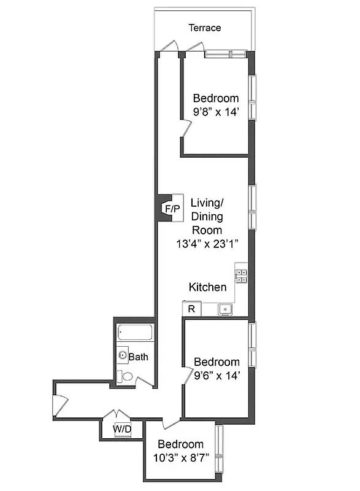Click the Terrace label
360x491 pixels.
pos(204,28)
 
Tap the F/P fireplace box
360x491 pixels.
pos(172,209)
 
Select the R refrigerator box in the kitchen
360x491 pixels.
pos(191,309)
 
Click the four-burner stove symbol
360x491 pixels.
pos(242,276)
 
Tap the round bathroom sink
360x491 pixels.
pos(123,355)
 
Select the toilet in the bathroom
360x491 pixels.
pos(126,376)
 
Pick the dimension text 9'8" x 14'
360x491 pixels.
pos(215,112)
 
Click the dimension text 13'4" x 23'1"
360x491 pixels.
pos(207,244)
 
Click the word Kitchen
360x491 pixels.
pos(207,287)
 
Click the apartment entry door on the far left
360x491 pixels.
pos(58,405)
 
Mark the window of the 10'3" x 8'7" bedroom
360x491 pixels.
pos(219,451)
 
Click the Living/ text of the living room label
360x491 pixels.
pos(206,202)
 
